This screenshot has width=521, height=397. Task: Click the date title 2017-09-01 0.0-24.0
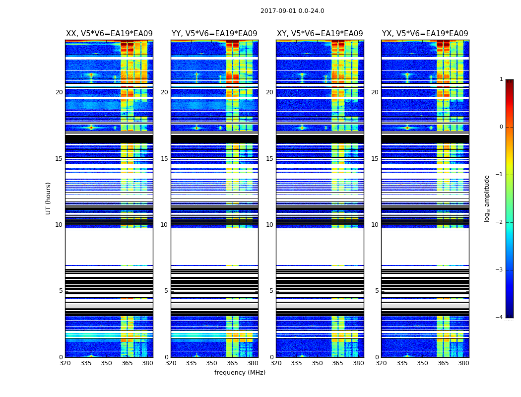(292, 11)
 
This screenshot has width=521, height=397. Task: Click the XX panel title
(109, 34)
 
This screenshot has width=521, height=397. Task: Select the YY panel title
(214, 34)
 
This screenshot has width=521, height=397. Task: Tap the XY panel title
(320, 34)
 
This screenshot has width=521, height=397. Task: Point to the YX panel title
(425, 34)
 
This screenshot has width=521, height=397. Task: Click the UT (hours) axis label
(49, 198)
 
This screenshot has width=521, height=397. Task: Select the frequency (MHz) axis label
(240, 373)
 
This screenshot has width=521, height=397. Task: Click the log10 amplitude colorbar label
(487, 198)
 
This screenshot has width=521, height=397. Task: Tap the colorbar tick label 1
(501, 79)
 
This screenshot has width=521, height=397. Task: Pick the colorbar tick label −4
(499, 318)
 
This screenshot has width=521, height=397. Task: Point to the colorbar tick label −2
(499, 222)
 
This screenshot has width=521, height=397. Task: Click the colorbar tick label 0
(501, 127)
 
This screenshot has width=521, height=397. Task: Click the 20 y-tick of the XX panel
(59, 92)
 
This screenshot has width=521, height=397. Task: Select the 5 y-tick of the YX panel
(377, 291)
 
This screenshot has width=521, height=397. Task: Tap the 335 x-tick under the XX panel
(86, 363)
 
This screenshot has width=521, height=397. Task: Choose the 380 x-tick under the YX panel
(463, 363)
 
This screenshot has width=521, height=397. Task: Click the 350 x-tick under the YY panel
(212, 363)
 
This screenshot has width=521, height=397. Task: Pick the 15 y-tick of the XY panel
(270, 159)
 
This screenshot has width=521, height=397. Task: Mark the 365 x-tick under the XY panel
(337, 363)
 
